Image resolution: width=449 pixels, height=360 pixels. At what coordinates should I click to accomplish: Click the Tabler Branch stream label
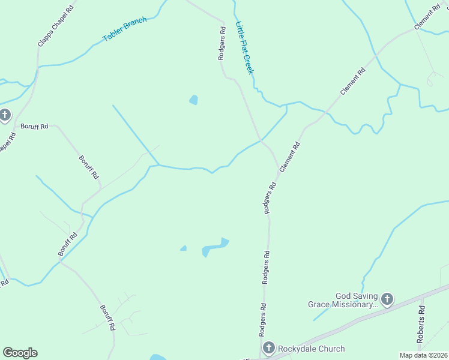click(x=125, y=30)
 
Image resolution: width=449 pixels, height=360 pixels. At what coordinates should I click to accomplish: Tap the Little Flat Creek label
click(x=245, y=48)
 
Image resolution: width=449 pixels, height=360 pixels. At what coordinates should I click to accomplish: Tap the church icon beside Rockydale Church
click(x=268, y=347)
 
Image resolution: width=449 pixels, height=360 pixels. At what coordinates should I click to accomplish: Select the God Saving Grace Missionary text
click(x=342, y=300)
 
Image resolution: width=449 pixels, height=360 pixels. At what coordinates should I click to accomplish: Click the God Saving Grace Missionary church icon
click(x=387, y=299)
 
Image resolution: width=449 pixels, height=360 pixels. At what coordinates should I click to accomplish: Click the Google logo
click(x=20, y=353)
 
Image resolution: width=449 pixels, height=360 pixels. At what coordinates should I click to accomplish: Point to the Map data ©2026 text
click(x=424, y=355)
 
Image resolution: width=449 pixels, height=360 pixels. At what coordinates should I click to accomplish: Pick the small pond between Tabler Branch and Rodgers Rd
click(x=193, y=100)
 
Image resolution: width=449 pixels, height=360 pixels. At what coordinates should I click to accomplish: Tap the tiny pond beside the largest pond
click(x=183, y=248)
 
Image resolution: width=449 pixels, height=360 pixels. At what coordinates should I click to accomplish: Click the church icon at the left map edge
click(x=5, y=115)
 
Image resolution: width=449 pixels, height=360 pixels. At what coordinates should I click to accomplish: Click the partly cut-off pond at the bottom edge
click(x=157, y=358)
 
